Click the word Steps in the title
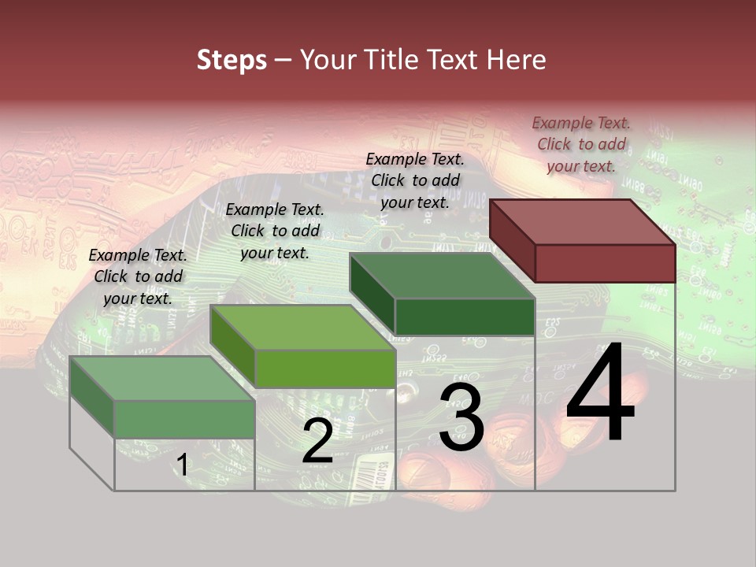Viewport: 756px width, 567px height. tap(232, 60)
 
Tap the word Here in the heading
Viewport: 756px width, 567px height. tap(516, 60)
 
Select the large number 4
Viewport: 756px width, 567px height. tap(600, 394)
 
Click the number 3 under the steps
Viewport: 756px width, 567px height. tap(461, 418)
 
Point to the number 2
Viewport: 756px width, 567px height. tap(317, 442)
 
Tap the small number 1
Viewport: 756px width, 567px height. tap(182, 465)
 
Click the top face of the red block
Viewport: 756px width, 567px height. tap(582, 221)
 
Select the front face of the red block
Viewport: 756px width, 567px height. tap(605, 263)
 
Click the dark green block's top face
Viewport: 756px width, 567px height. tap(442, 276)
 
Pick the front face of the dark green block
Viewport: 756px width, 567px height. tap(465, 317)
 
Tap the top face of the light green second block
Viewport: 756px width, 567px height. tap(302, 328)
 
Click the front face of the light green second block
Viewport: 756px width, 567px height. tap(324, 369)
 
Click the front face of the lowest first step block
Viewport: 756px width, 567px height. tap(184, 419)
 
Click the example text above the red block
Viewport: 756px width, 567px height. tap(581, 144)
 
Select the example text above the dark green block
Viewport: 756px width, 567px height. tap(415, 180)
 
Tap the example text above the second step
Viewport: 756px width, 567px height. tap(275, 231)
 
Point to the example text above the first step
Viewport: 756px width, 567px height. tap(138, 276)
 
